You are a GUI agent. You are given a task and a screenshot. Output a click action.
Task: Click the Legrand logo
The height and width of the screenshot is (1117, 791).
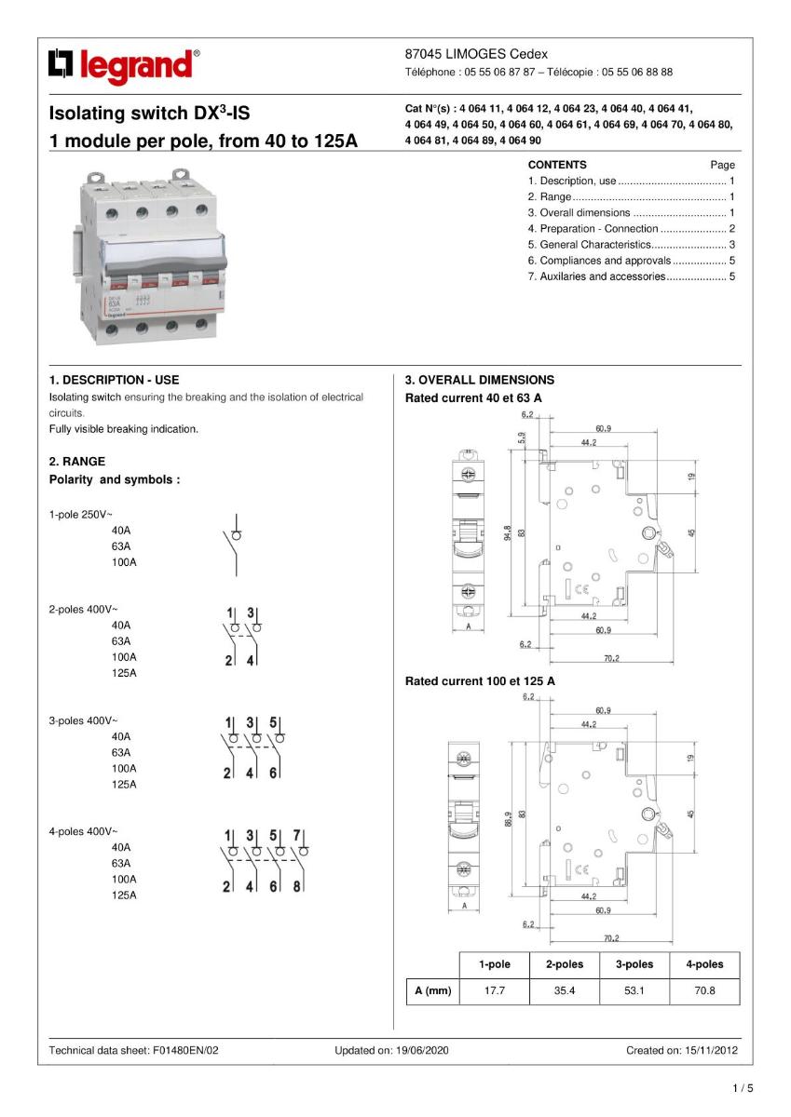tap(124, 65)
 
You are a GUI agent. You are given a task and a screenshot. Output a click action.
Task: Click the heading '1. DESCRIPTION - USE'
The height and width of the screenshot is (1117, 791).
tap(114, 380)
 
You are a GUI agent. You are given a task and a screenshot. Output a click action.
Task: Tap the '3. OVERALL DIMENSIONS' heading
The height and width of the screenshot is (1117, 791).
tap(479, 380)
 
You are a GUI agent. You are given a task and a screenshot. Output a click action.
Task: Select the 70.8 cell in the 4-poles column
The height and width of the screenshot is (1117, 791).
tap(704, 991)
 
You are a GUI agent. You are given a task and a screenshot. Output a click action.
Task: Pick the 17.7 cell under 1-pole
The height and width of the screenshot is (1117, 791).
tap(494, 991)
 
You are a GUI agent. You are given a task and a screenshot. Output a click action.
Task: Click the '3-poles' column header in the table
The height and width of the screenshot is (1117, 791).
tap(634, 964)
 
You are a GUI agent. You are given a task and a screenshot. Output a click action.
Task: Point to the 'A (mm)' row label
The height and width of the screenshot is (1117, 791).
tap(432, 991)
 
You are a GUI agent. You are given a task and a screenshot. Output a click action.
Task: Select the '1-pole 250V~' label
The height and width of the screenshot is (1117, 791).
tap(80, 514)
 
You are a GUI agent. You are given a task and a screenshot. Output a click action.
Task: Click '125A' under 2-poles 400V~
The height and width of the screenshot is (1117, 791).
tap(124, 673)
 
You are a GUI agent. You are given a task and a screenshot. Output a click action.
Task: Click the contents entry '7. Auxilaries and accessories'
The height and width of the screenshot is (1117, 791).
tap(596, 276)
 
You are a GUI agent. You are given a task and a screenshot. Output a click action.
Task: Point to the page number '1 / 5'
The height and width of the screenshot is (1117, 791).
tap(743, 1088)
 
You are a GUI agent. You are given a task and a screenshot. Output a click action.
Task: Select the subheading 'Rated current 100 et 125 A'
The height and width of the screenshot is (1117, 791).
tap(480, 681)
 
